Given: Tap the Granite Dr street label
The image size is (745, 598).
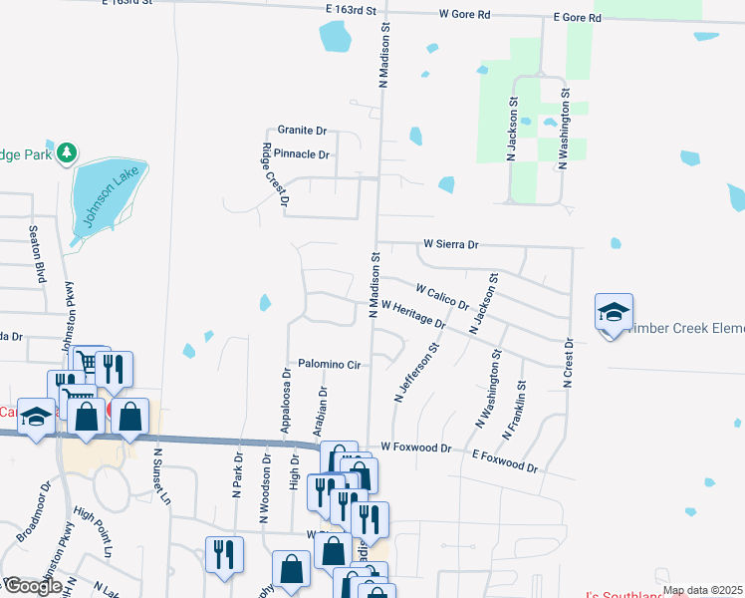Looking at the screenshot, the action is [x=302, y=131].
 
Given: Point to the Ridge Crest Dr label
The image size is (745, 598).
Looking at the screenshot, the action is [x=274, y=174].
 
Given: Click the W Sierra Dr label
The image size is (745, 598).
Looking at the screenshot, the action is [x=451, y=243].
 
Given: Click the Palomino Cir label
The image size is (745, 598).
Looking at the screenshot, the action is [x=329, y=365].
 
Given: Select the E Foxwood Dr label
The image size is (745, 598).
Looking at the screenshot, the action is [x=505, y=461].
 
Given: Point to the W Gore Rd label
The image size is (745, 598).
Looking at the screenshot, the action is [x=465, y=15].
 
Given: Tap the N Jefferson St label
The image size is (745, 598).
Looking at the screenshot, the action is [x=416, y=374].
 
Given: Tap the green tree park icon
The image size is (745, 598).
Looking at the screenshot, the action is [x=67, y=152].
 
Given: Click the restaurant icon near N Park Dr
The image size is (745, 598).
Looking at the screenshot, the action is [x=224, y=553].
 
